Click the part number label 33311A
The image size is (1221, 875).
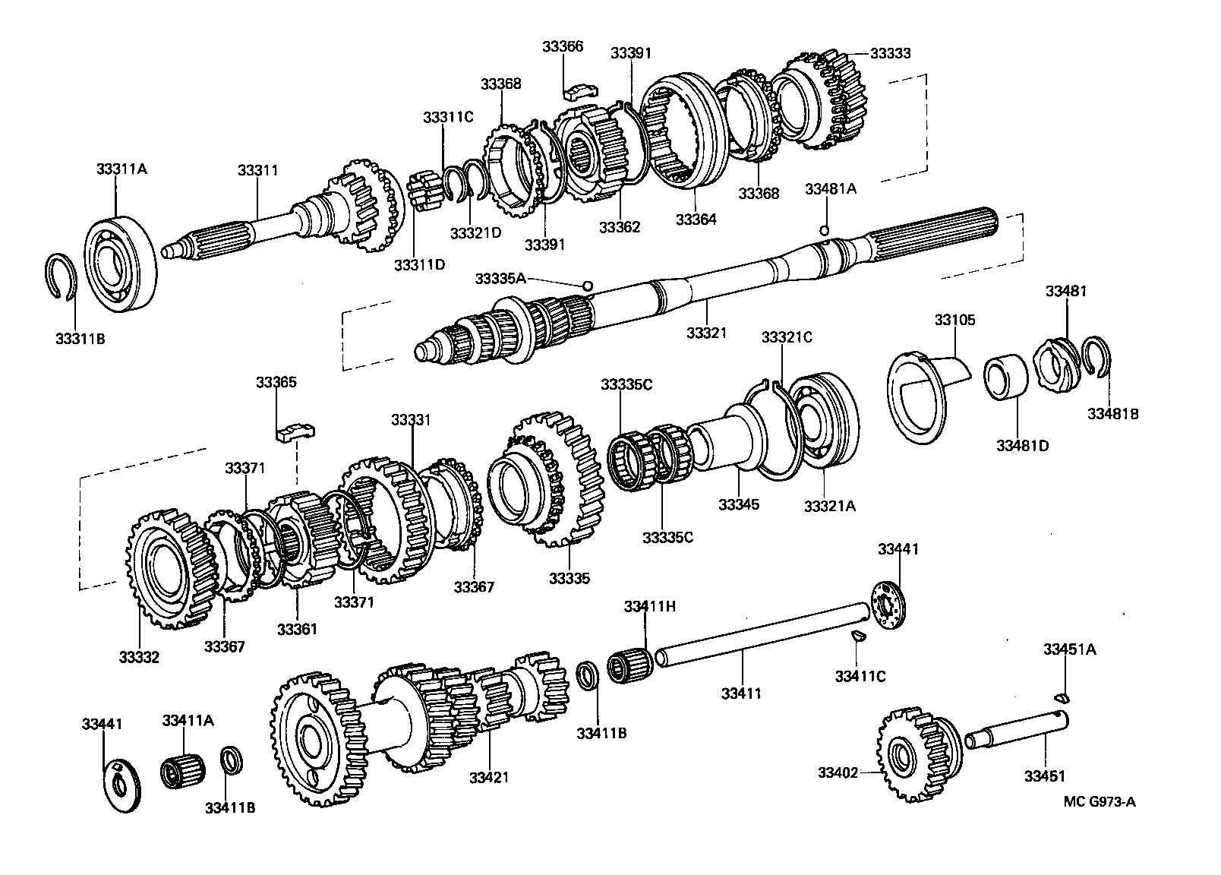click(121, 169)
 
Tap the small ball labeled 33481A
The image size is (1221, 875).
click(824, 230)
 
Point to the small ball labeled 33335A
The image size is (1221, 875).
click(587, 286)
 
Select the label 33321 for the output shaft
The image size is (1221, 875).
click(707, 333)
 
